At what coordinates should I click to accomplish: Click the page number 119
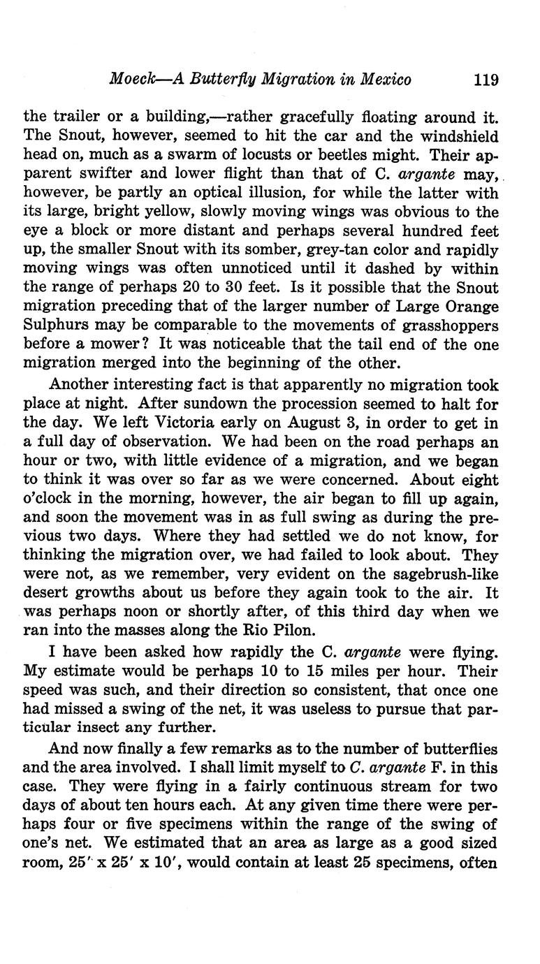[486, 79]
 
